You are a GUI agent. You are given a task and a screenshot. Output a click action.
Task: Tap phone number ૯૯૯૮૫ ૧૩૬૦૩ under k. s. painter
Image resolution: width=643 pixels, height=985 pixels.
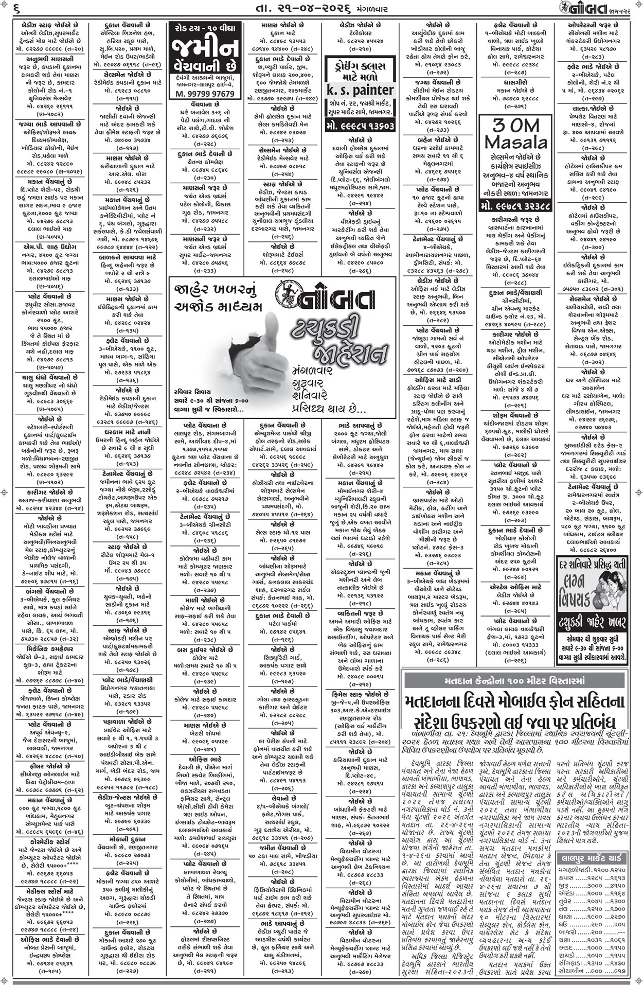point(360,126)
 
